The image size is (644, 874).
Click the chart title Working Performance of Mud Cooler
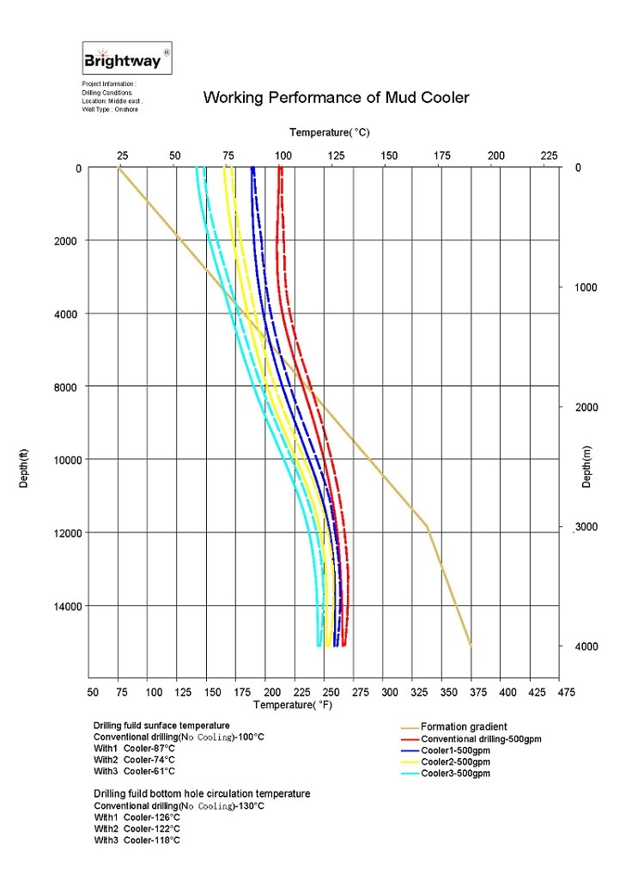336,98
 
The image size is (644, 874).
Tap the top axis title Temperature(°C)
329,132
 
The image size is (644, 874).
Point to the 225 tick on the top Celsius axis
549,155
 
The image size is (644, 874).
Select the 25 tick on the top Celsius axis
123,155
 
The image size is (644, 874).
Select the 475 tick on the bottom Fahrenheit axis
565,691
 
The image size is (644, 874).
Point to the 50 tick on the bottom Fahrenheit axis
94,691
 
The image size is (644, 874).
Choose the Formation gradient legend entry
464,727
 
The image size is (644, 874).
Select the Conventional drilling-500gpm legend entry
481,739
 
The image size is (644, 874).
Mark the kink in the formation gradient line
428,526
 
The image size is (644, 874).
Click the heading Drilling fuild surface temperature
161,725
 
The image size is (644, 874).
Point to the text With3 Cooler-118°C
137,841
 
